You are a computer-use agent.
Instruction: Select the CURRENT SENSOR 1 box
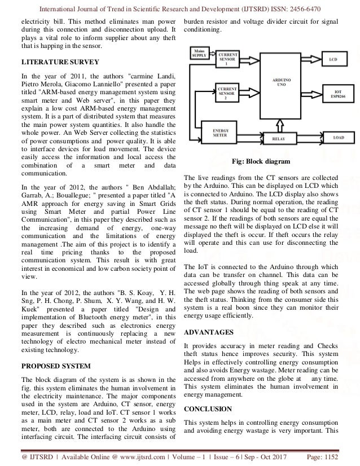click(x=226, y=60)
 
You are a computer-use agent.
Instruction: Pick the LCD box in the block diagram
click(x=333, y=59)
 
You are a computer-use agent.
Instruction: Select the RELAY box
click(x=278, y=137)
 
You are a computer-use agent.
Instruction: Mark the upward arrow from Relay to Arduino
click(x=279, y=125)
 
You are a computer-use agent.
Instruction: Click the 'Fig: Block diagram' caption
click(x=265, y=161)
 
